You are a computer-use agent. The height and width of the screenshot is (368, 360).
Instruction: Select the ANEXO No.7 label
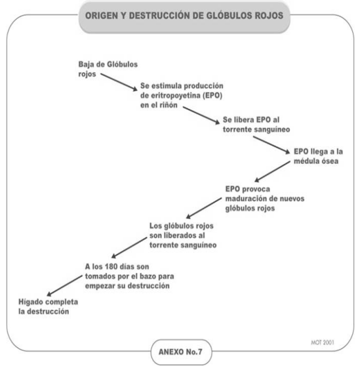tap(180, 352)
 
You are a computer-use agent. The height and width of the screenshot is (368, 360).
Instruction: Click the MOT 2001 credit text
tap(322, 342)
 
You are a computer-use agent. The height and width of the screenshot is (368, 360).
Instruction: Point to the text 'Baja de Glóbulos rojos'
tap(108, 69)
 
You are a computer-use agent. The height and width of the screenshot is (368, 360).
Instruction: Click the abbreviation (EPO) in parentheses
tap(212, 96)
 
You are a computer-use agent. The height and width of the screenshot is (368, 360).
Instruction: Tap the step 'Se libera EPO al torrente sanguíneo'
tap(256, 125)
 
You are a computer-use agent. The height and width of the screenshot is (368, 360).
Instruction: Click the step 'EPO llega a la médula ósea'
tap(318, 156)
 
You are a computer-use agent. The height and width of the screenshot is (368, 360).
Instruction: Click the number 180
tap(112, 266)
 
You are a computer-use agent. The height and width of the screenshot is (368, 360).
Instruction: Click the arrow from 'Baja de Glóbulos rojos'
tap(119, 82)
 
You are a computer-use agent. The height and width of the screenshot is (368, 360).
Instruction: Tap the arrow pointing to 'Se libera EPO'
tap(201, 115)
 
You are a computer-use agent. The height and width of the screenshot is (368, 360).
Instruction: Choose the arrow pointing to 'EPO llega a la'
tap(271, 145)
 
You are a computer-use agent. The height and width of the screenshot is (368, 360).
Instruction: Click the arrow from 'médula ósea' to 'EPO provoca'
tap(273, 171)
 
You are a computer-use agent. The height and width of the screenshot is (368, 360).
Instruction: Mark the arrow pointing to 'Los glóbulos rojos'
tap(204, 208)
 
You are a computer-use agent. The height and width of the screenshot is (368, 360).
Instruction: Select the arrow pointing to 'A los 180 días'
tap(129, 247)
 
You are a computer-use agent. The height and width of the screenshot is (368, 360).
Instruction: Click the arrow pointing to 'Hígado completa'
tap(64, 285)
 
